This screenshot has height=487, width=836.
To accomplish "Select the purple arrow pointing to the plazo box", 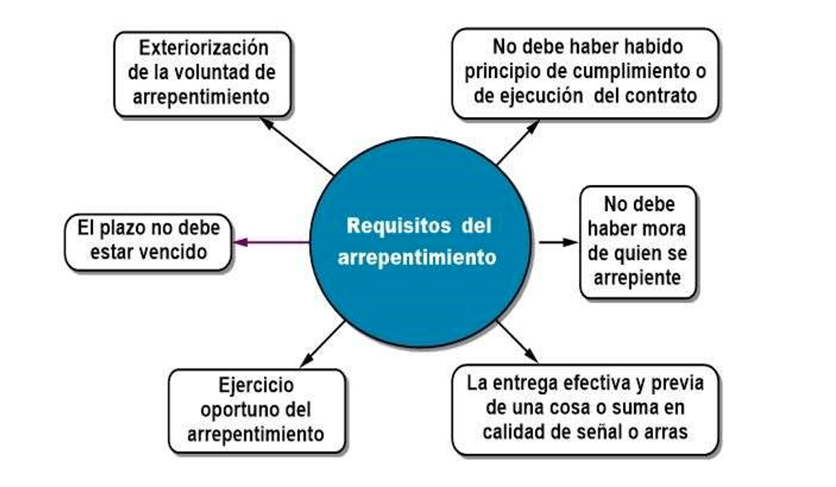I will [x=271, y=242].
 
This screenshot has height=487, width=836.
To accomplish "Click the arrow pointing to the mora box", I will [x=558, y=242].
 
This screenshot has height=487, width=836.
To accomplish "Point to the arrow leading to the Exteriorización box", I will [x=298, y=146].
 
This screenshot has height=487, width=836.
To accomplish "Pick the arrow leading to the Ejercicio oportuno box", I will [x=322, y=344].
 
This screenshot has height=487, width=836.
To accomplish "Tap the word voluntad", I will [x=219, y=72].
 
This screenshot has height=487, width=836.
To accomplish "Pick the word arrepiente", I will [x=638, y=277].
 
